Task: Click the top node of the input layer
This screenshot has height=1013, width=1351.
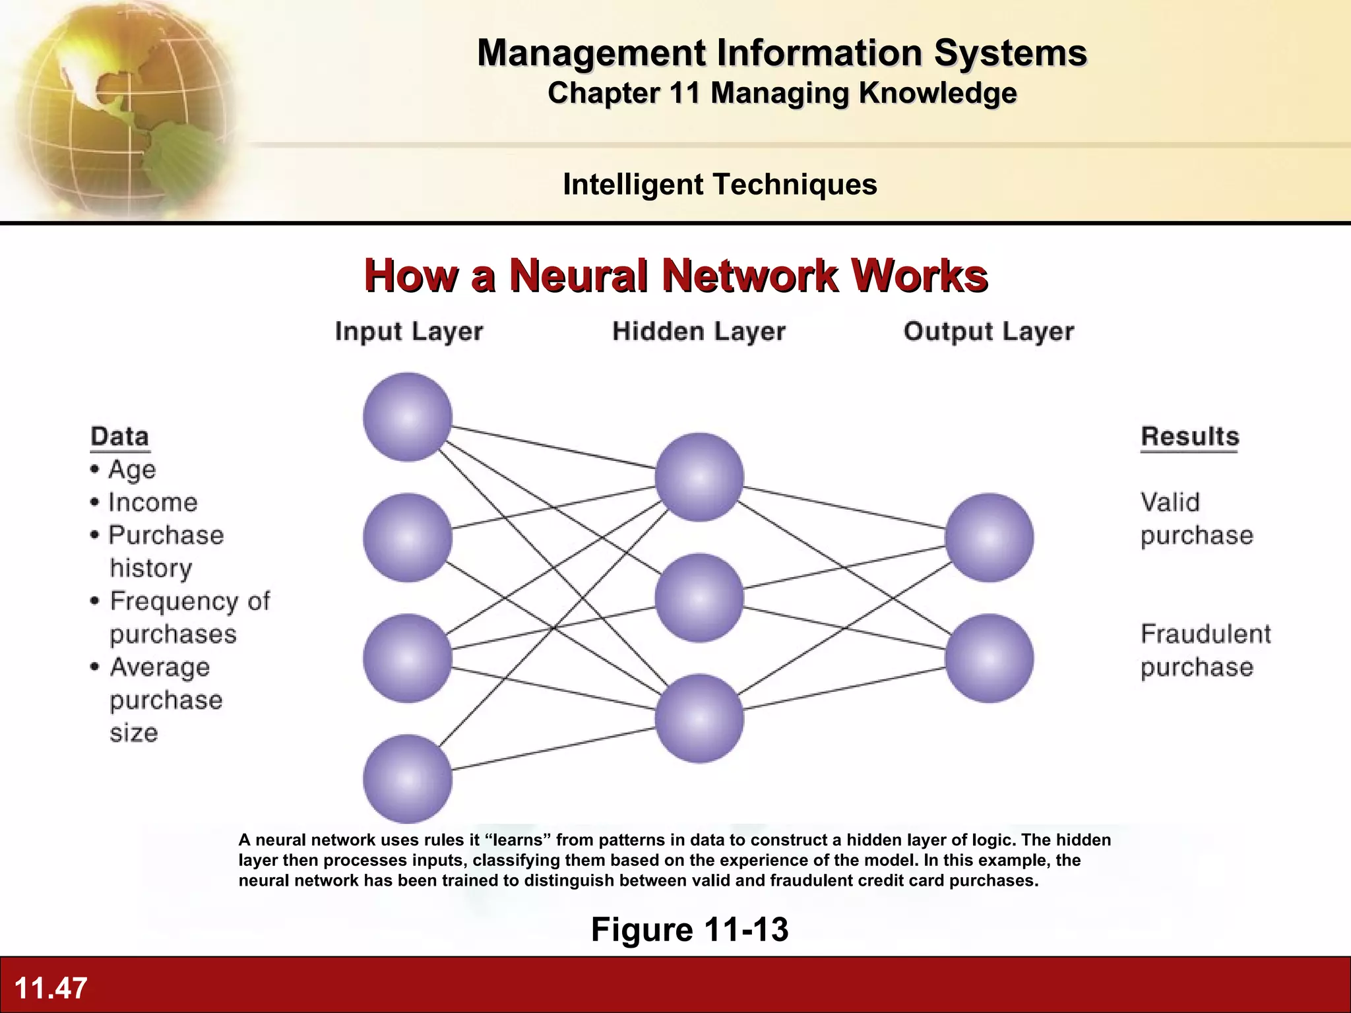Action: click(x=408, y=417)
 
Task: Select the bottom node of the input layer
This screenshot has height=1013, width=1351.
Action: click(x=408, y=779)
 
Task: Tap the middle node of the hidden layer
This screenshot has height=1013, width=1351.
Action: click(x=699, y=598)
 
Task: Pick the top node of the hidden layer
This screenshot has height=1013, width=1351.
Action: click(x=699, y=477)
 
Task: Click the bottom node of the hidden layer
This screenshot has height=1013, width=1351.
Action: click(x=699, y=718)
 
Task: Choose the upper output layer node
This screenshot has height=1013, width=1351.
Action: click(x=989, y=537)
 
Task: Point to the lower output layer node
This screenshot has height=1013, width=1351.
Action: click(x=989, y=658)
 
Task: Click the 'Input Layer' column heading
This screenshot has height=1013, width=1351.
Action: click(x=409, y=331)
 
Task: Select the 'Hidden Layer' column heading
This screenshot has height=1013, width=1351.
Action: click(x=699, y=331)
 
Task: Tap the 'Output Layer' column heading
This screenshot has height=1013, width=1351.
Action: click(x=988, y=331)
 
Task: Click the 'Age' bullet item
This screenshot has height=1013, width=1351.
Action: click(x=131, y=470)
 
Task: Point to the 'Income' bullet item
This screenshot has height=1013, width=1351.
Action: click(x=152, y=503)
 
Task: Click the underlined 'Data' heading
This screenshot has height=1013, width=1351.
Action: click(x=120, y=437)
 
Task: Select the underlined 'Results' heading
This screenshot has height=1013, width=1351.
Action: click(x=1189, y=437)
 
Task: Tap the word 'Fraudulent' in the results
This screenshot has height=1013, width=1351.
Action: click(x=1205, y=634)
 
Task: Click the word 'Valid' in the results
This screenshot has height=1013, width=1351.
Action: click(x=1170, y=503)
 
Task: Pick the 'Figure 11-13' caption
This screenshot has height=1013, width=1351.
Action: click(x=689, y=929)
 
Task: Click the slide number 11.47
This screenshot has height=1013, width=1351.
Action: click(x=51, y=988)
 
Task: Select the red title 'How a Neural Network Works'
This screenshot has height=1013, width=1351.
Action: click(x=675, y=275)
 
